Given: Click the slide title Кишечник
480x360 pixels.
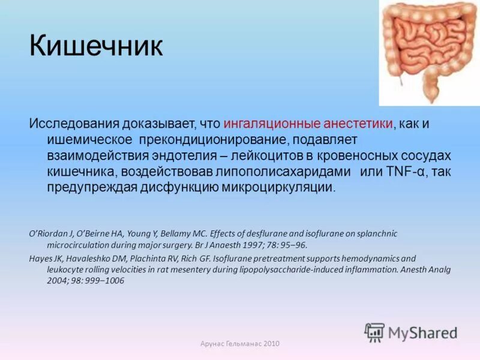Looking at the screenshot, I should [x=96, y=46].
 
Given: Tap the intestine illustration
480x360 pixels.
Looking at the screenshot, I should [x=428, y=50].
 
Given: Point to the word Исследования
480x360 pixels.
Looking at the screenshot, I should [x=73, y=124].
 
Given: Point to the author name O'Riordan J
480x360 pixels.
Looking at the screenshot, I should [x=51, y=233].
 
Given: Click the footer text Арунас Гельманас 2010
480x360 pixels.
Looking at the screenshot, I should [x=239, y=343].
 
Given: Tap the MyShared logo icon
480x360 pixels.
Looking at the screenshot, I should [x=374, y=332].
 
